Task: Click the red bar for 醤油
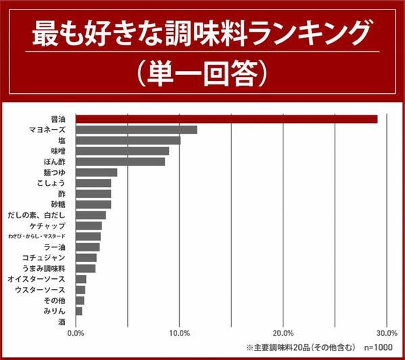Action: click(227, 119)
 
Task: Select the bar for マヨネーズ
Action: click(136, 130)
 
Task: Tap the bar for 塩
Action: click(128, 140)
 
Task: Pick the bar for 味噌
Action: click(122, 151)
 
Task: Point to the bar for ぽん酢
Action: click(120, 161)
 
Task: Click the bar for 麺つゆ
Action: click(96, 172)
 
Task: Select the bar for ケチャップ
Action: click(89, 226)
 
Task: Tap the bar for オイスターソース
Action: click(80, 279)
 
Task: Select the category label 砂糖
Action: click(57, 204)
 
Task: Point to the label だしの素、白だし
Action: click(37, 215)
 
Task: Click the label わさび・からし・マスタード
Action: click(37, 236)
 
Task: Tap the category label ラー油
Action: click(53, 247)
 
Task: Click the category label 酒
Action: click(62, 322)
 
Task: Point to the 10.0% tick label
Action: click(179, 334)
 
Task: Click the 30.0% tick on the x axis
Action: click(386, 334)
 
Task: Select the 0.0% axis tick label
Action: click(76, 334)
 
